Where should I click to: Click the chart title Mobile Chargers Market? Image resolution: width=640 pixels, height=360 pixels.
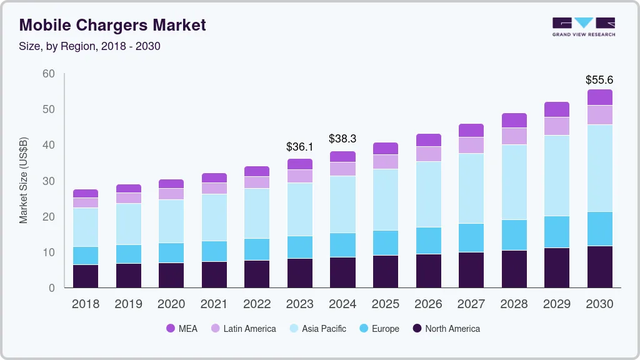pos(112,25)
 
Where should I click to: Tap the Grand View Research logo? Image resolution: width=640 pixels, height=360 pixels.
pos(584,26)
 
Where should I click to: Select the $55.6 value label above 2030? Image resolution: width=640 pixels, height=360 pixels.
pos(599,80)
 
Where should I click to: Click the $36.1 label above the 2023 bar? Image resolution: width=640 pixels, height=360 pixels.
pos(299,147)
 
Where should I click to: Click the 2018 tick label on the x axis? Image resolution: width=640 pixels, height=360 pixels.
pos(85,304)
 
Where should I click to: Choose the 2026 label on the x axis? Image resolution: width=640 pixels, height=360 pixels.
pos(428,304)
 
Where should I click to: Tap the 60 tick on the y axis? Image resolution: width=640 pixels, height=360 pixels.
pos(48,74)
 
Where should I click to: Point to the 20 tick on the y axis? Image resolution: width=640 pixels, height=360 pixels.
pos(48,217)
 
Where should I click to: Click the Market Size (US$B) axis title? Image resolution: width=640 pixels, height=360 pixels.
pos(24,181)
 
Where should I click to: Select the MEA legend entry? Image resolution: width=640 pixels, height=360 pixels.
pos(181,329)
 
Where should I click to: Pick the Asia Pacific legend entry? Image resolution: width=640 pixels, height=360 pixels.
pos(317,329)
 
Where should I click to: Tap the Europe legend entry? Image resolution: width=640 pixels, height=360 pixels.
pos(379,329)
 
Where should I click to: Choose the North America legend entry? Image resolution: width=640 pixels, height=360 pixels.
pos(446,329)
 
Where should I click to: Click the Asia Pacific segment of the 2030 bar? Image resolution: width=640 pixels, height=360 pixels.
pos(599,168)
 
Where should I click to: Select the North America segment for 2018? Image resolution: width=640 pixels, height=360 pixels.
pos(85,276)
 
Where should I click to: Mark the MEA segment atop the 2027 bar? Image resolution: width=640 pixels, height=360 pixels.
pos(471,130)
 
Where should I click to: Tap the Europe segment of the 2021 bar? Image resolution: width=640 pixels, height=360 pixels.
pos(214,251)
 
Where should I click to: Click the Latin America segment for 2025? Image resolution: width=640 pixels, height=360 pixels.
pos(385,162)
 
